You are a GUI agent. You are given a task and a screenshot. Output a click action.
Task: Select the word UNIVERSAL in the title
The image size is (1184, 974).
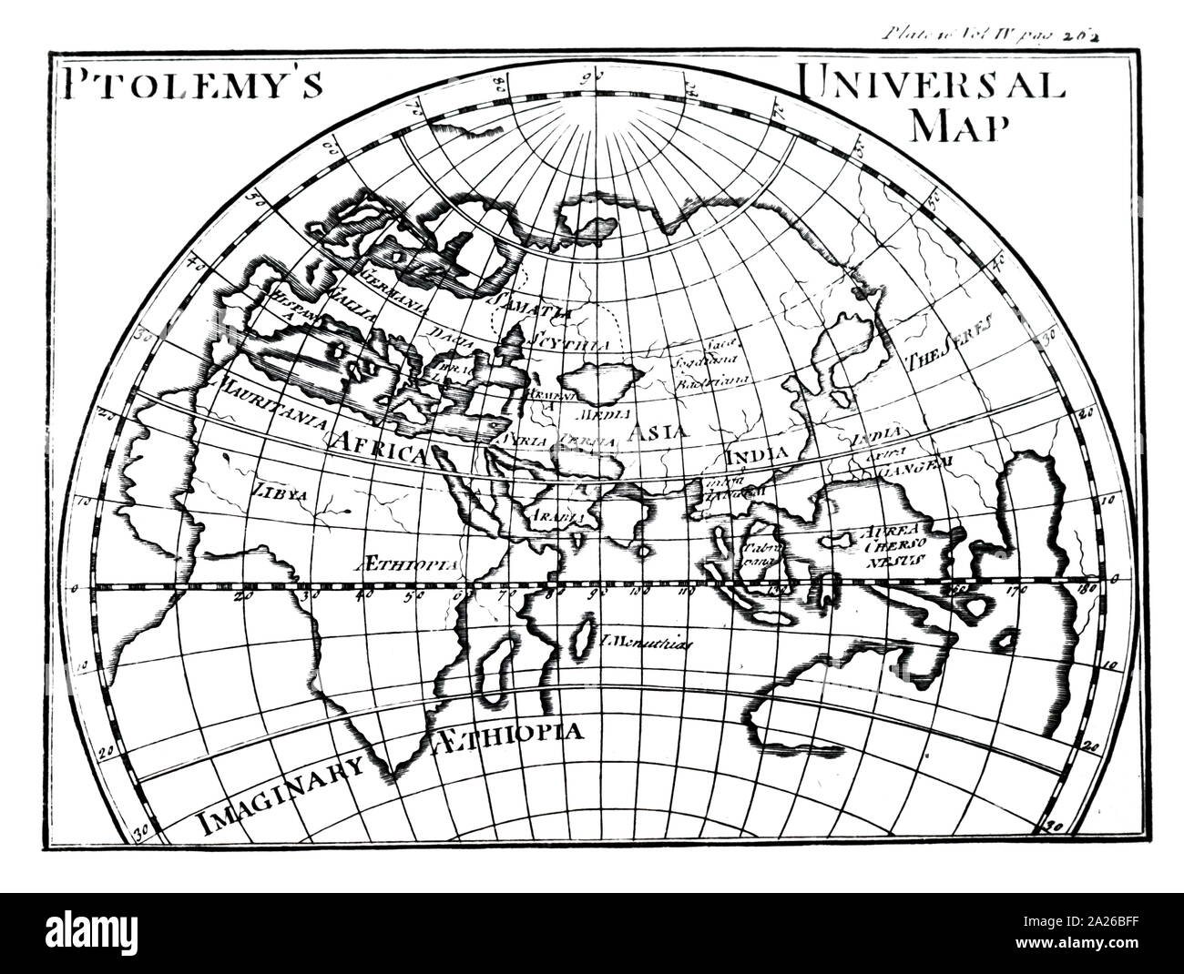point(931,83)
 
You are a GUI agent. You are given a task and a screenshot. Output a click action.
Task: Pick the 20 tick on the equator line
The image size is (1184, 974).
point(241,596)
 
